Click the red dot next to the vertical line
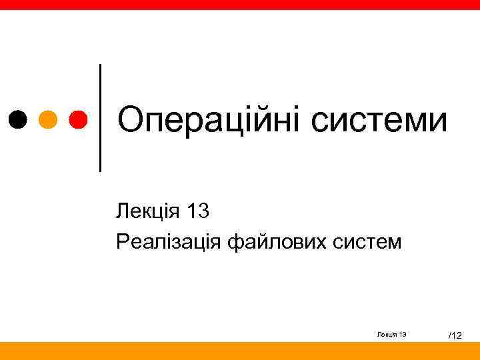(x=78, y=119)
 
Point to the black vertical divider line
(x=101, y=118)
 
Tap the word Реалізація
(x=168, y=241)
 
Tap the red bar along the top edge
(x=240, y=5)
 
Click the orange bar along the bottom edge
(x=240, y=351)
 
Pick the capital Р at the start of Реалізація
(x=122, y=241)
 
